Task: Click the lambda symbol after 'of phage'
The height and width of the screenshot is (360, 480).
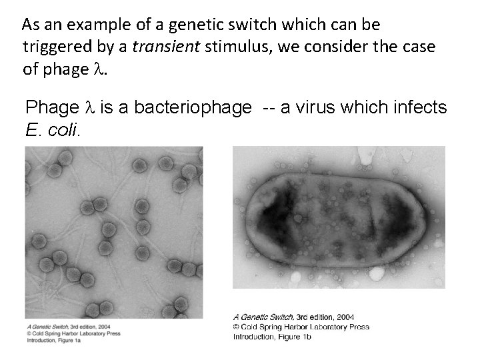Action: point(99,69)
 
